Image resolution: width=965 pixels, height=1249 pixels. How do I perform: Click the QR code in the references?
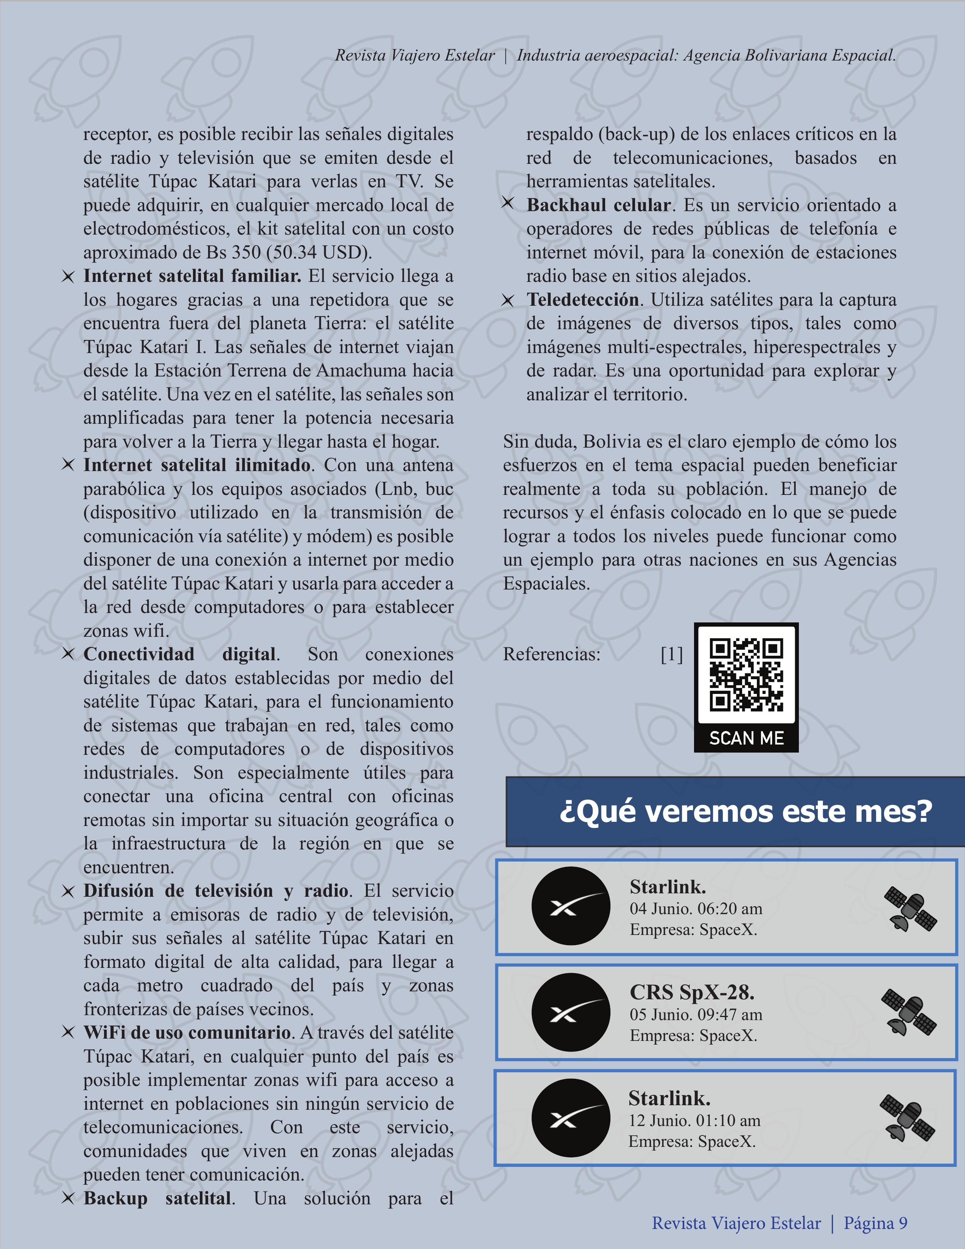click(x=746, y=675)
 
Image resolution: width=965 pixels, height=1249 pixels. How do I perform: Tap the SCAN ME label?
click(x=746, y=738)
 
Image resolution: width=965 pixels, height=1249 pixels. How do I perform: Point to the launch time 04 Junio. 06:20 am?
click(x=696, y=909)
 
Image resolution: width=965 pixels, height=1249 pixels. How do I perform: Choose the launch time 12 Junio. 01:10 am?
click(x=694, y=1120)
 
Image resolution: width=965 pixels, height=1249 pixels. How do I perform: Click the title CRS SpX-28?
click(x=691, y=992)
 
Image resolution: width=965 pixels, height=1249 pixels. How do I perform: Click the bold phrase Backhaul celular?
click(x=598, y=205)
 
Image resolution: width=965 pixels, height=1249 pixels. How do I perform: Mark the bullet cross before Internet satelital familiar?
click(x=68, y=277)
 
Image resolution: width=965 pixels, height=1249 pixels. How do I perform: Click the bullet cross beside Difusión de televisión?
click(x=68, y=891)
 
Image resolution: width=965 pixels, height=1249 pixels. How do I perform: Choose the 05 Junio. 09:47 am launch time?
click(x=696, y=1014)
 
